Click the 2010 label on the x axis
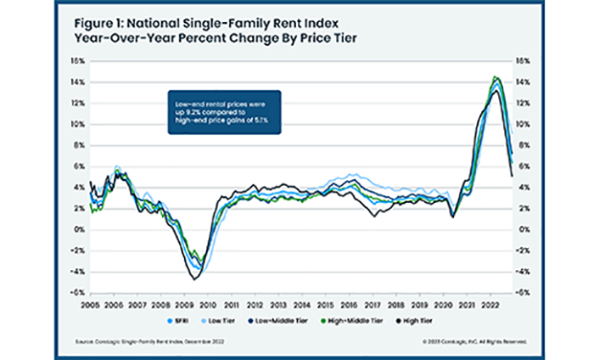point(208,302)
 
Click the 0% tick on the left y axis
point(78,229)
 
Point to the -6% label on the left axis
point(76,292)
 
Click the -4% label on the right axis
point(523,271)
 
